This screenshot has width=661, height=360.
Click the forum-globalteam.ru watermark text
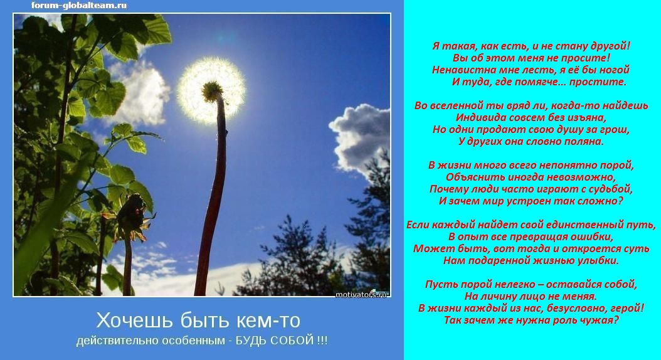pos(79,6)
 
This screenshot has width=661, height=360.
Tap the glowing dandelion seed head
pos(211,91)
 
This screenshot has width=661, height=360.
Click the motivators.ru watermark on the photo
pos(361,294)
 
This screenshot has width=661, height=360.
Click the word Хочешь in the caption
pos(134,321)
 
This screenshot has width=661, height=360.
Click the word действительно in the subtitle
pos(115,341)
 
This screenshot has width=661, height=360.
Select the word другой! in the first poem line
pos(611,46)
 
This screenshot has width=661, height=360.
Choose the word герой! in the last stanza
pos(628,308)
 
